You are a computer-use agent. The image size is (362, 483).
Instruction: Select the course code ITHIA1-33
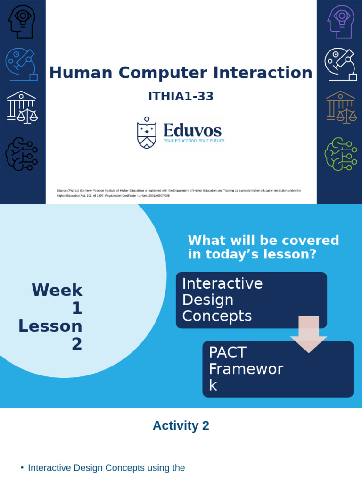(x=181, y=96)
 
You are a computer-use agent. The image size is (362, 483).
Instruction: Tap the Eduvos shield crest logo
(x=147, y=133)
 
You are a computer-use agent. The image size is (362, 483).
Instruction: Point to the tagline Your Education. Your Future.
(x=194, y=141)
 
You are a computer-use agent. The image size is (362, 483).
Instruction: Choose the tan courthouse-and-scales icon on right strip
(x=340, y=107)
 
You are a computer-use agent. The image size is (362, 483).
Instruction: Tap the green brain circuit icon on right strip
(x=340, y=154)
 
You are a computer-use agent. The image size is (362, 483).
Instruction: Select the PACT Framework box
(x=278, y=369)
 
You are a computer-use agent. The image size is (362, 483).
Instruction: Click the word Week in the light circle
(x=57, y=290)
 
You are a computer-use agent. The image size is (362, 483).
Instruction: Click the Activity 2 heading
(x=181, y=426)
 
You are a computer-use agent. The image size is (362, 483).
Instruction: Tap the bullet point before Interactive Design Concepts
(x=22, y=468)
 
